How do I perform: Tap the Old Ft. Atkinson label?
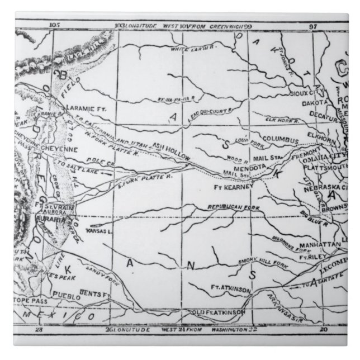[x=217, y=311]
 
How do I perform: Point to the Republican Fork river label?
[x=231, y=207]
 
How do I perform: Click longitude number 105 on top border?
[x=54, y=25]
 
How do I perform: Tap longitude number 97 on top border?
[x=312, y=25]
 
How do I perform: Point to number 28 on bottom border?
[x=39, y=330]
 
